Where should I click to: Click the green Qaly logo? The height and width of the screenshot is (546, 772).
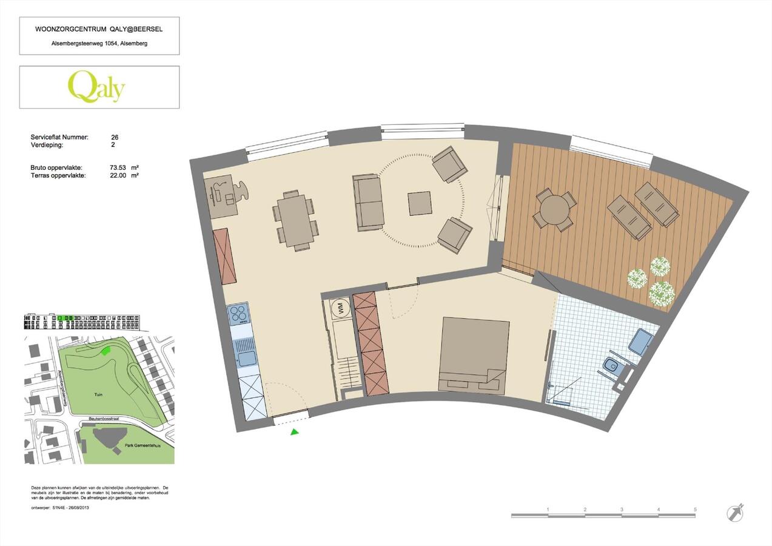coord(96,87)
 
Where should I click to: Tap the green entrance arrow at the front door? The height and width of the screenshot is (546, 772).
coord(294,432)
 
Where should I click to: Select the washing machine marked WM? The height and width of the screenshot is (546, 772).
coord(341,309)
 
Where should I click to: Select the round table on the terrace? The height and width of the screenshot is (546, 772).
coord(554,210)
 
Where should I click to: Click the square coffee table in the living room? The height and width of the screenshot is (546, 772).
coord(419,203)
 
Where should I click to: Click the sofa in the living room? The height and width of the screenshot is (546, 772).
coord(368,202)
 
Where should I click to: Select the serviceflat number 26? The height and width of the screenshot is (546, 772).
coord(115,137)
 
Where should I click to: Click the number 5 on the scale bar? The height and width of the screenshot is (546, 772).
coord(695,510)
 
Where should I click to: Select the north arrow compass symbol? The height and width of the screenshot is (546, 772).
coord(735,513)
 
